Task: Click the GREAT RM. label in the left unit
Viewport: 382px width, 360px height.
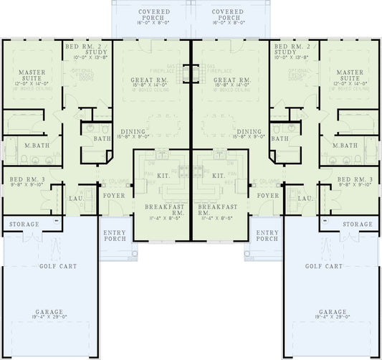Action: click(149, 80)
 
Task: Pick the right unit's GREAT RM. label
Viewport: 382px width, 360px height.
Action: click(232, 80)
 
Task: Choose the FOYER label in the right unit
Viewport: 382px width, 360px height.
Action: click(267, 195)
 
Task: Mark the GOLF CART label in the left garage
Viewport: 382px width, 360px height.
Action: click(47, 266)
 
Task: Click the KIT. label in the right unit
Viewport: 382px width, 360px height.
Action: click(219, 175)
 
